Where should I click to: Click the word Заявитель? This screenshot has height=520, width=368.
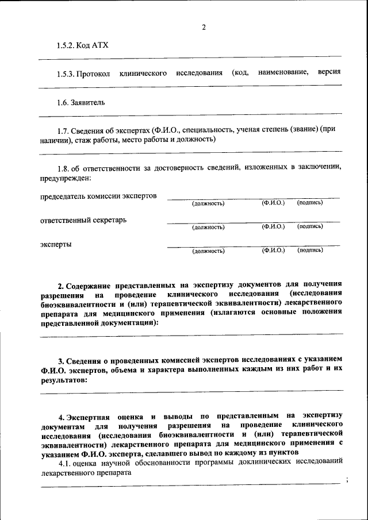click(x=88, y=103)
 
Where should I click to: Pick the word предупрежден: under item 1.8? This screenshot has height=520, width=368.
click(x=66, y=178)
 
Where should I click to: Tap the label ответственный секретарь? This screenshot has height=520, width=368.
click(x=83, y=220)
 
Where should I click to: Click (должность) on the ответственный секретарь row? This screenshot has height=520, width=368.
click(x=208, y=227)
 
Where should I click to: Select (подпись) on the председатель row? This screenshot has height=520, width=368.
click(x=310, y=203)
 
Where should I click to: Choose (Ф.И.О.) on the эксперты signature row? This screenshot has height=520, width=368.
click(x=273, y=251)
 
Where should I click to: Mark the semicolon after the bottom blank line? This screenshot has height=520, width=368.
click(x=347, y=480)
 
